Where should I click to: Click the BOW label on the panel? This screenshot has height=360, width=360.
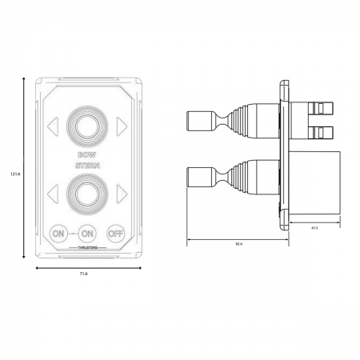pyautogui.click(x=86, y=154)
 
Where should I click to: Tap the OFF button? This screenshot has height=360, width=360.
pyautogui.click(x=116, y=234)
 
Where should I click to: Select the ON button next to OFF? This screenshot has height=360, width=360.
pyautogui.click(x=87, y=234)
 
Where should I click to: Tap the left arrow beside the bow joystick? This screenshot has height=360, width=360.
pyautogui.click(x=52, y=125)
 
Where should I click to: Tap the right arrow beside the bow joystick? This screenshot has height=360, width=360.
pyautogui.click(x=122, y=125)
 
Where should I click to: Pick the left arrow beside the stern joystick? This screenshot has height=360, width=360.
pyautogui.click(x=52, y=193)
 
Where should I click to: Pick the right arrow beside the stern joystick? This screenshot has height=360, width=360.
pyautogui.click(x=122, y=193)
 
